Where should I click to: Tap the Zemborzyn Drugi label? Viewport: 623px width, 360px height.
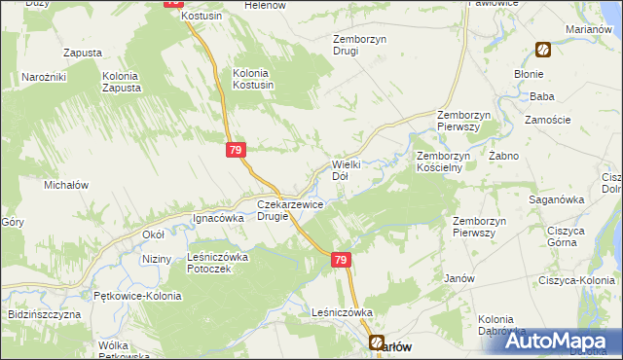(332, 45)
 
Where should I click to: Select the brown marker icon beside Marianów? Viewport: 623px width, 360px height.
(542, 50)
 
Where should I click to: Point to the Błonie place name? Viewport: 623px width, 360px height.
(529, 73)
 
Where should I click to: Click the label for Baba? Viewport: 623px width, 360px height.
(541, 96)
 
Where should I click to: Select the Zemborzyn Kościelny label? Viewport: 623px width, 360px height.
(444, 162)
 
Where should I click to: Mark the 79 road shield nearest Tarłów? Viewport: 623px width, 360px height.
(340, 260)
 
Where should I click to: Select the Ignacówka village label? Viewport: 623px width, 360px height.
(217, 219)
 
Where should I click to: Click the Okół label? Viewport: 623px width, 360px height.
(154, 234)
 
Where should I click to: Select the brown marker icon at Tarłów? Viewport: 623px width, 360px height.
(377, 342)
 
